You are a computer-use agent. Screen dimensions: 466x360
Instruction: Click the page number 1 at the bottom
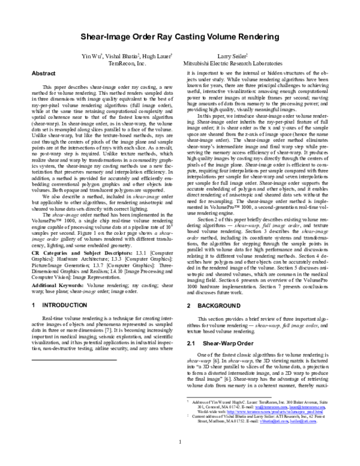pyautogui.click(x=180, y=444)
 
